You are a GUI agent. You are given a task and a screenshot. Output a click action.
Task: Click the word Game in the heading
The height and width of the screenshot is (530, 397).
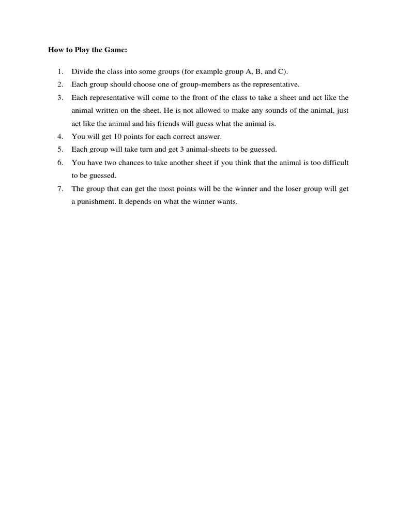click(116, 50)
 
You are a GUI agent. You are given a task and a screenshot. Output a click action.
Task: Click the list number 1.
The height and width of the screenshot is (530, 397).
click(60, 71)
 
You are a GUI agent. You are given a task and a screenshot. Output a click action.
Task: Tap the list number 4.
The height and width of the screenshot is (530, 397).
click(60, 137)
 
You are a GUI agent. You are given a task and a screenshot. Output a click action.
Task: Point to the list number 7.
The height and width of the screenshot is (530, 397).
click(60, 189)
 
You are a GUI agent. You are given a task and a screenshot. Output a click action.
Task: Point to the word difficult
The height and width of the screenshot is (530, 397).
click(335, 163)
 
